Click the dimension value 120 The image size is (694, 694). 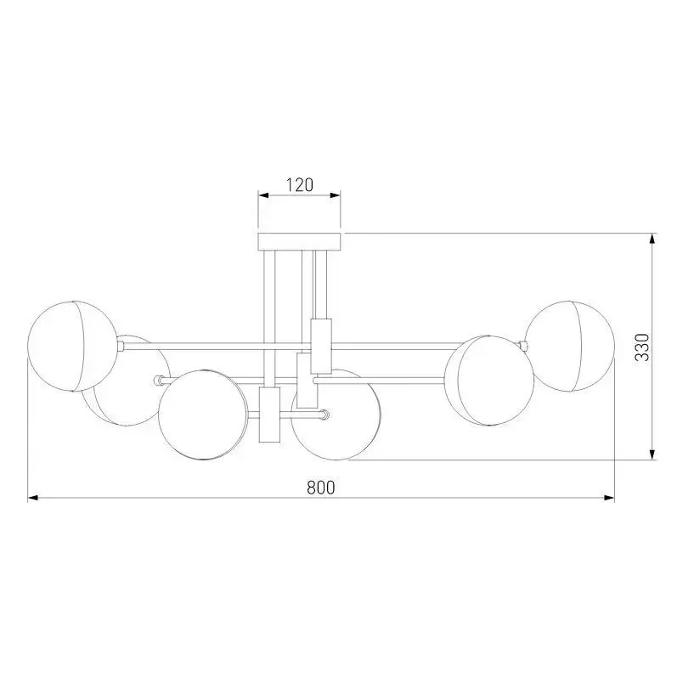click(x=299, y=184)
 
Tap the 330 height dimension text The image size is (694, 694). click(x=642, y=347)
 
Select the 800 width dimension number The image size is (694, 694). click(x=321, y=488)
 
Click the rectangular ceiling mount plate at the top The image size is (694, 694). click(x=299, y=241)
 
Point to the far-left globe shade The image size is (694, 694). click(x=73, y=347)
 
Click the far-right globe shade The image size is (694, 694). click(x=570, y=347)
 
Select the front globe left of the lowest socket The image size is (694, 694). click(x=202, y=415)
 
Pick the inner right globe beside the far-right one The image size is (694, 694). click(x=489, y=381)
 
